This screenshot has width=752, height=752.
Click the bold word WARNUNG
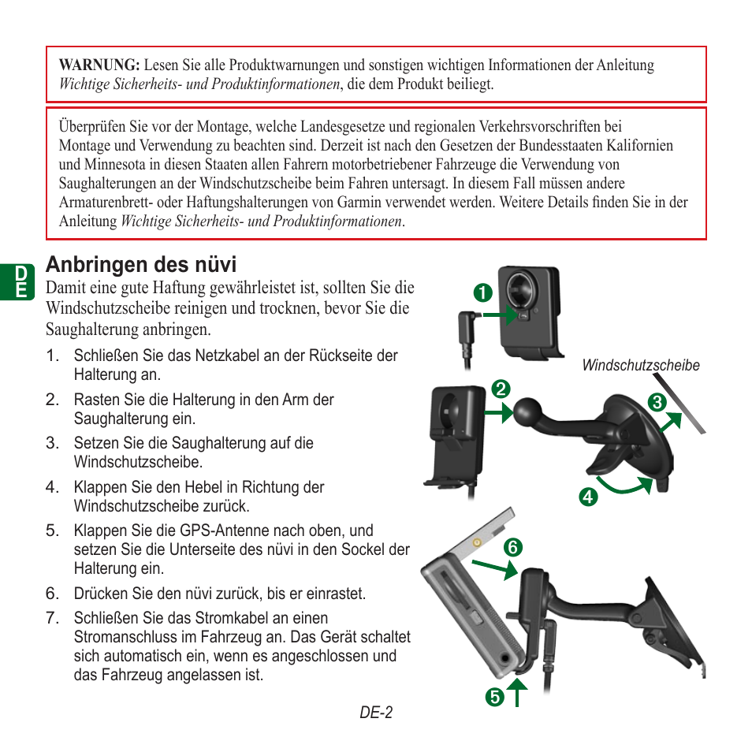99,65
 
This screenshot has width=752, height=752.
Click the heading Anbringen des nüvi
141,263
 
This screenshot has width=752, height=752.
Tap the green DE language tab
22,282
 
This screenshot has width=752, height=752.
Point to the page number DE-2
376,713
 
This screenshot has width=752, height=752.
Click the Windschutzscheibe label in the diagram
640,366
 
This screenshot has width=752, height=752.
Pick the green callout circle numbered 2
498,389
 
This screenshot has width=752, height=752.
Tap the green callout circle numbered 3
655,403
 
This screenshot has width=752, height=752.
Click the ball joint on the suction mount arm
528,411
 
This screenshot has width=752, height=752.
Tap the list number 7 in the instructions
51,618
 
